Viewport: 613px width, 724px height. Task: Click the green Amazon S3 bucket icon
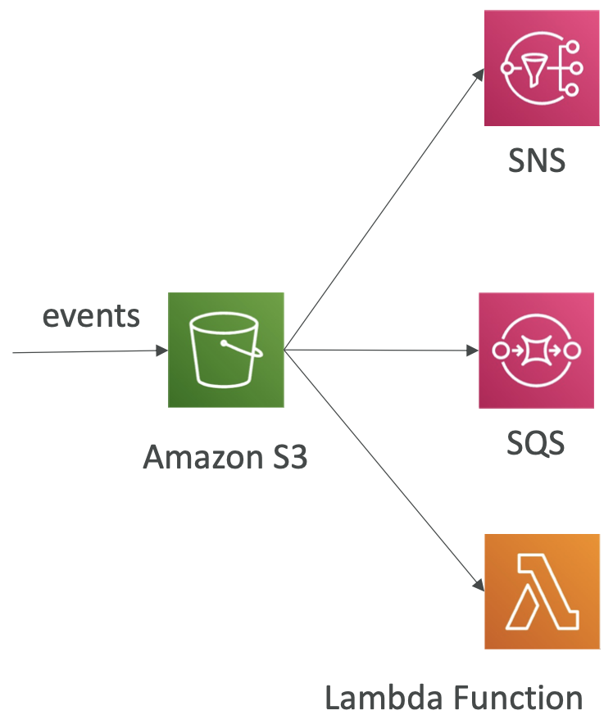click(225, 350)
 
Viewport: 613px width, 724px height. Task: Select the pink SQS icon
click(537, 351)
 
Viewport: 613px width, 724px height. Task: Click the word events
click(90, 315)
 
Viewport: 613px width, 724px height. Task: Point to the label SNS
click(537, 160)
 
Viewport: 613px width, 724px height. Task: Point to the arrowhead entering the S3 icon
click(161, 351)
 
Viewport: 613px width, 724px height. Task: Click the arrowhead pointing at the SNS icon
click(479, 74)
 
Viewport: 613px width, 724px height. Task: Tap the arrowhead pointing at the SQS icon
click(473, 351)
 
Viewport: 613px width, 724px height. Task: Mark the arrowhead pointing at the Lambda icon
click(478, 583)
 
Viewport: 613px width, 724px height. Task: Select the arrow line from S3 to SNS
click(381, 212)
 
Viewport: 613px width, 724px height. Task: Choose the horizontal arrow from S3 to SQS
click(377, 351)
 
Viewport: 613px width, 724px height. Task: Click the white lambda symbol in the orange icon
click(542, 592)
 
